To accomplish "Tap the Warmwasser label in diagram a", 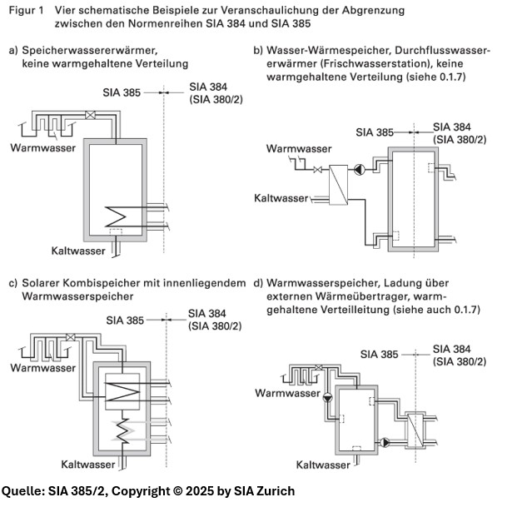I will [x=43, y=147].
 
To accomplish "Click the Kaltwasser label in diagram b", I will [x=281, y=198].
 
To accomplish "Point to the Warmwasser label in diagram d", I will [x=283, y=392].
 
